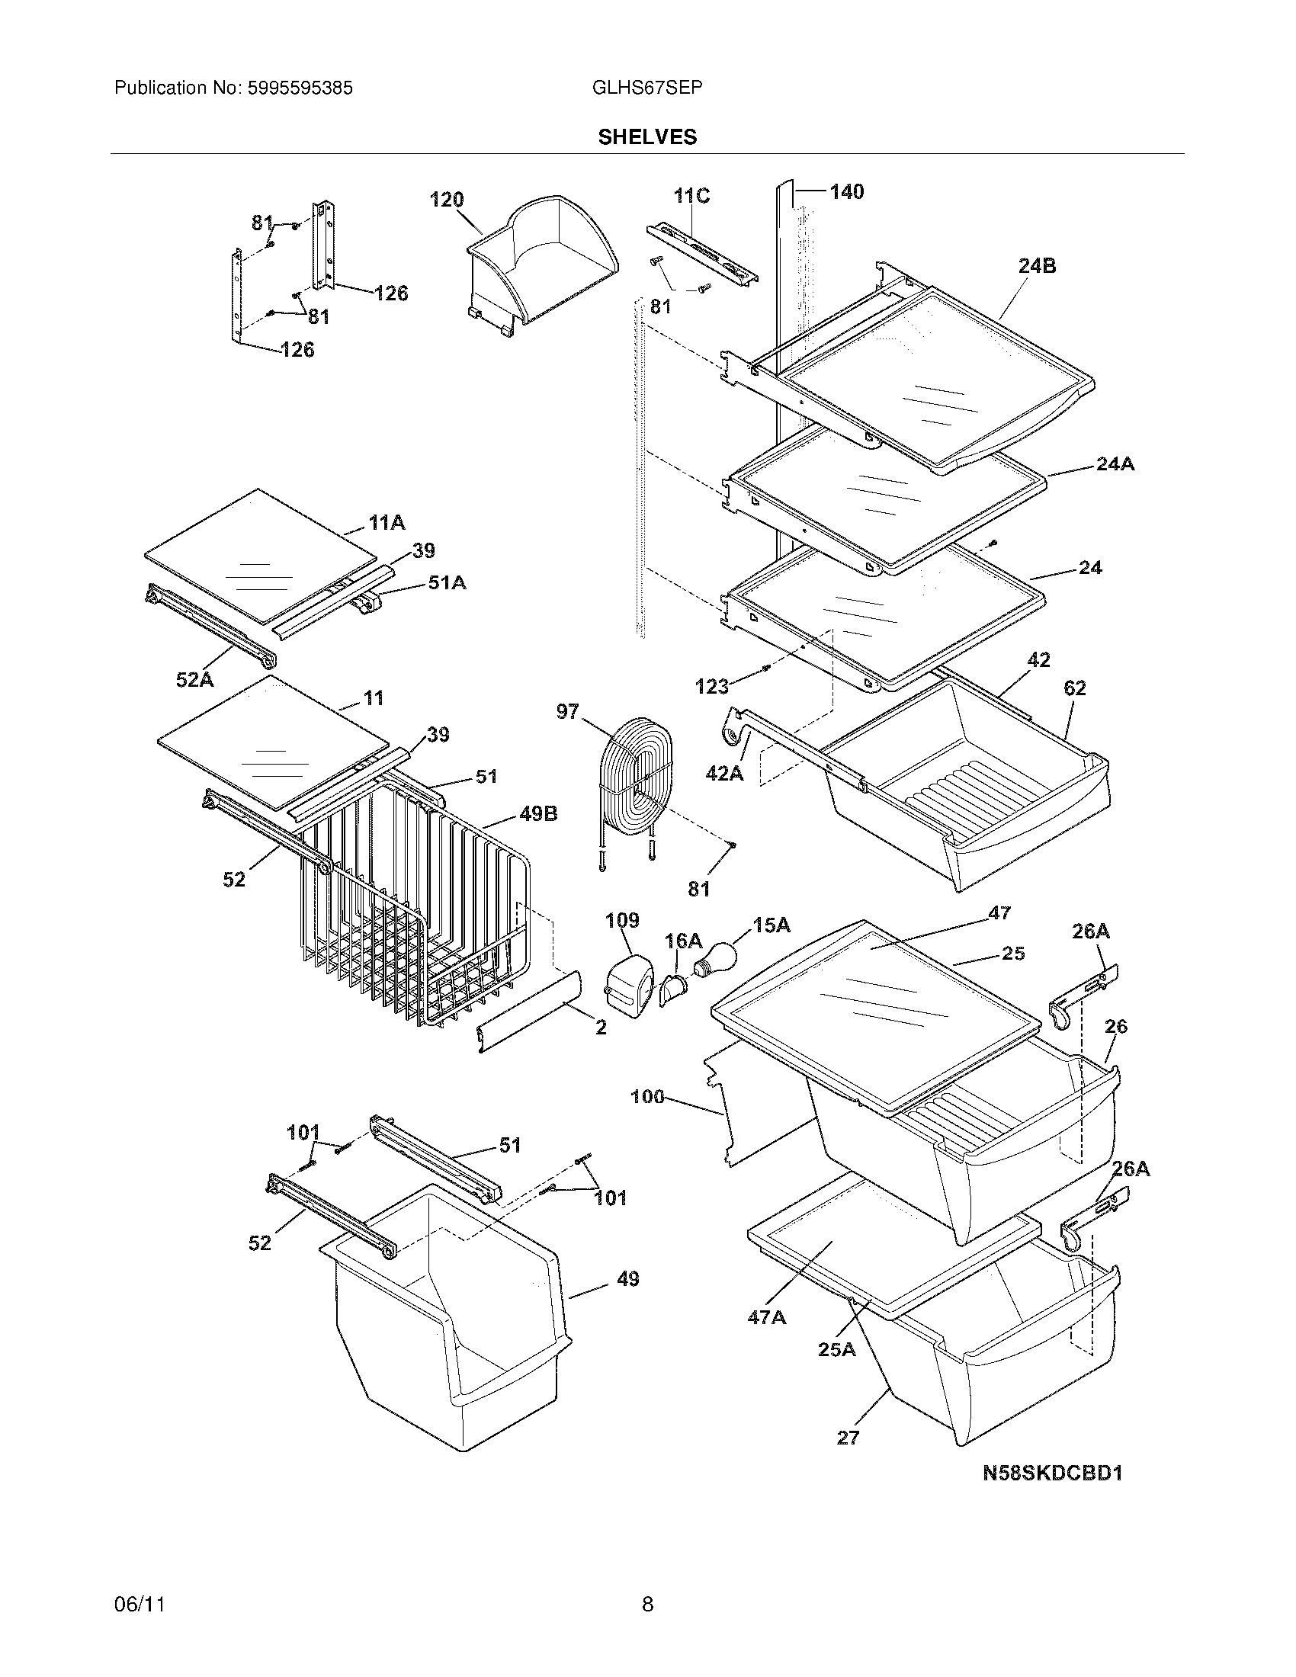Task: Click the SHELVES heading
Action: point(647,136)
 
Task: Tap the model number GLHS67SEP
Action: point(647,88)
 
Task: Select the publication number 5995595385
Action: point(300,88)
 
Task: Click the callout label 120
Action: point(446,200)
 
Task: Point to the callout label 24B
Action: point(1037,266)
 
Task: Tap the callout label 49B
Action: point(538,813)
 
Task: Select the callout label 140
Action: point(846,191)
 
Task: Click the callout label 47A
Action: point(766,1317)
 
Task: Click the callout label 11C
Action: point(691,196)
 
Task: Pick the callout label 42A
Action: point(724,773)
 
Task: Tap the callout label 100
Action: point(647,1096)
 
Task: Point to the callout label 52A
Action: point(195,678)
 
